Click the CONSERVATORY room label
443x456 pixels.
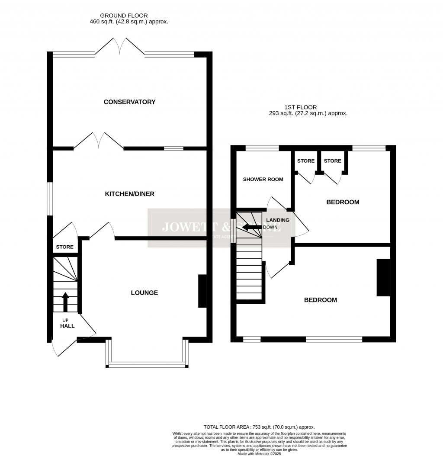tap(129, 102)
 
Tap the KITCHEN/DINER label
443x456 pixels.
tap(129, 194)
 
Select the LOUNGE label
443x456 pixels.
tap(144, 293)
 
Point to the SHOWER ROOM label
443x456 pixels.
tap(263, 180)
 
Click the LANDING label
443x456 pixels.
tap(278, 220)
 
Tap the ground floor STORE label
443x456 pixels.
tap(64, 247)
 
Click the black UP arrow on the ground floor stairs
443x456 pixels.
tap(65, 302)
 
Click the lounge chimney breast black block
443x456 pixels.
tap(202, 291)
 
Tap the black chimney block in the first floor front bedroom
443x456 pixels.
tap(383, 278)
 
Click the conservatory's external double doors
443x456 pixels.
tap(119, 46)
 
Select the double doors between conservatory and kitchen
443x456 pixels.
tap(99, 141)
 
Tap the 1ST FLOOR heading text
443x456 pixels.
tap(300, 107)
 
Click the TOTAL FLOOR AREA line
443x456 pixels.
tap(260, 427)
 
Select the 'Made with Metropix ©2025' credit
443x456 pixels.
tap(260, 453)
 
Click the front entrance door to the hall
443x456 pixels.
tap(55, 349)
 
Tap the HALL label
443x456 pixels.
tap(67, 326)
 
